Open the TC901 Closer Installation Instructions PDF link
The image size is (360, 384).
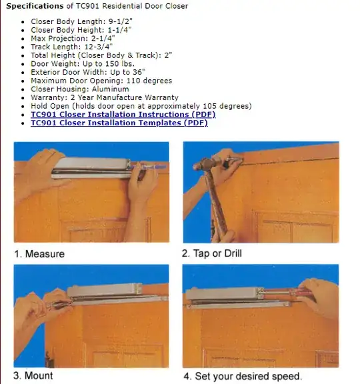pos(123,115)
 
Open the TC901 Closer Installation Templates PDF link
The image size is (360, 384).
pos(119,123)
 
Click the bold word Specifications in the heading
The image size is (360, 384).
pos(35,6)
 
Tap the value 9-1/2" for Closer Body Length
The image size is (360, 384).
pos(121,21)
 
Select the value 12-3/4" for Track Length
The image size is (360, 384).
pos(99,47)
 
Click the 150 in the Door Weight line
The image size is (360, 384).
pos(112,64)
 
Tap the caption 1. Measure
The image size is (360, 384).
pos(39,254)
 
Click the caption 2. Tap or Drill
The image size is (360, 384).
pos(212,253)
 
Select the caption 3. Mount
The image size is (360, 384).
pos(33,375)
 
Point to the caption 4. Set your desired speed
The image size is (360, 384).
pos(243,376)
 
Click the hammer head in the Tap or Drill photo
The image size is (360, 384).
pos(205,163)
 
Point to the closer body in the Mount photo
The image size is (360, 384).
pos(104,291)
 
